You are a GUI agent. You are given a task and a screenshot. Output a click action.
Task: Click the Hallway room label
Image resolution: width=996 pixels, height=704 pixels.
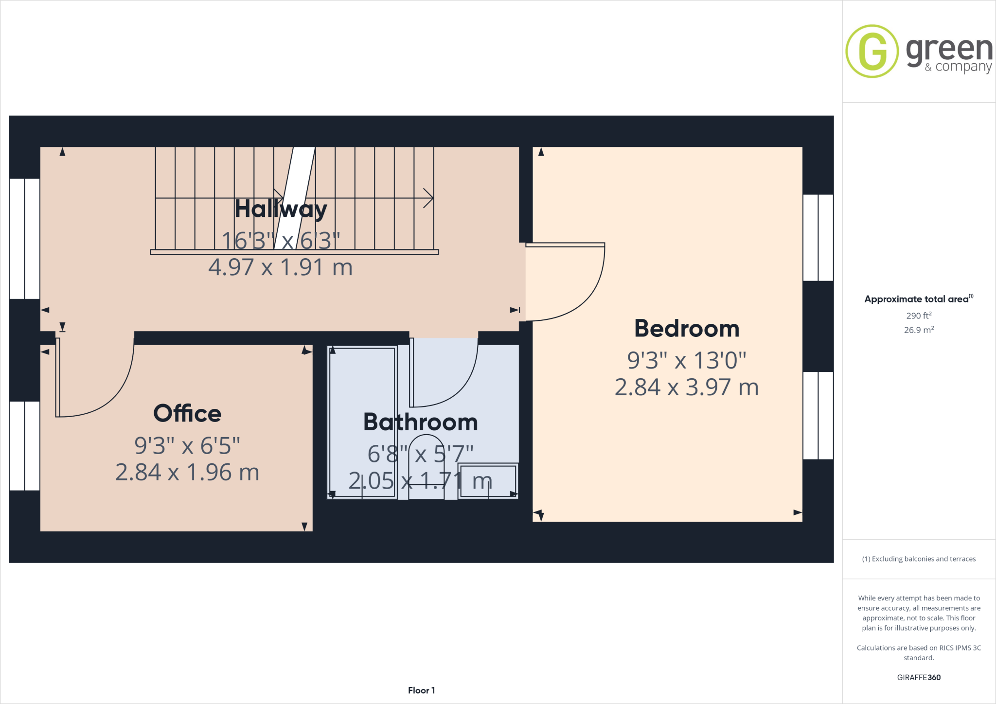(281, 210)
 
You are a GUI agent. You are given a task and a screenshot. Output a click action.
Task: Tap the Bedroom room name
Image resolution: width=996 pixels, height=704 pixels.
(686, 329)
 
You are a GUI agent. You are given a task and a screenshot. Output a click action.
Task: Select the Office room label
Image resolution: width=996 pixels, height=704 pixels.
(187, 414)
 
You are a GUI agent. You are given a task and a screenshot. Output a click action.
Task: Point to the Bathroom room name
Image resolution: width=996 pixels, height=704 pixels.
(420, 422)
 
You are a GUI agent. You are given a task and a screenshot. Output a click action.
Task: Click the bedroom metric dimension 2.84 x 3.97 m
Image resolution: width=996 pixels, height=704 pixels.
(686, 387)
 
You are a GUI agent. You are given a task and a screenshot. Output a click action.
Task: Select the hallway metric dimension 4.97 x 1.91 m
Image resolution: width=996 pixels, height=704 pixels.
(280, 267)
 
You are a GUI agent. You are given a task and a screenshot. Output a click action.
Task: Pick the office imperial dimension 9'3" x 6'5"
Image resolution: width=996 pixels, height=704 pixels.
(187, 445)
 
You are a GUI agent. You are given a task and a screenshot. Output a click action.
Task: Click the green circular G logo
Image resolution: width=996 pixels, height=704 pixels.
(871, 51)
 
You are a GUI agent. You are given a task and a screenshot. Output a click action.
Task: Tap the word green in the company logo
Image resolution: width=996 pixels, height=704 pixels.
(949, 50)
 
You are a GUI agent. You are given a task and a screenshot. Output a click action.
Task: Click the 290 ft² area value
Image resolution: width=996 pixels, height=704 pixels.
(918, 316)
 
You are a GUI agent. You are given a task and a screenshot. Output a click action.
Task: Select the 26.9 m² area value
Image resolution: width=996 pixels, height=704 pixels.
(918, 330)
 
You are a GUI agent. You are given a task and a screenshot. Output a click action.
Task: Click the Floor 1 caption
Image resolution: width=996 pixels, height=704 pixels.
(421, 690)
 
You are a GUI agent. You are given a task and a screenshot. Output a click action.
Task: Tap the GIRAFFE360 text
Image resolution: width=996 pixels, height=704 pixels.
(919, 677)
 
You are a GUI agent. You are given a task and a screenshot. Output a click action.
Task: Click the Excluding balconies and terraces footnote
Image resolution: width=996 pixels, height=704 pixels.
(919, 559)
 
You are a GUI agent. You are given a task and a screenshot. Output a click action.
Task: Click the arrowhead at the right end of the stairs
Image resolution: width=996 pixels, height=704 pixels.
(428, 198)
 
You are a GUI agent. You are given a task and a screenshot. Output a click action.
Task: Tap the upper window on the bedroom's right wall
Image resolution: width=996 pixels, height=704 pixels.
(818, 238)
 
